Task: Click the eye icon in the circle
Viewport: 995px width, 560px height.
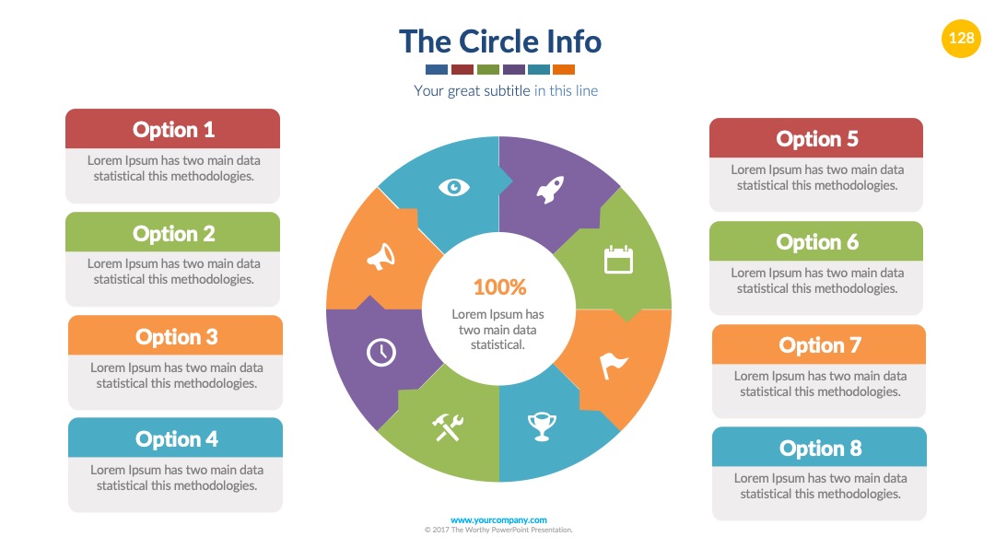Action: (x=453, y=187)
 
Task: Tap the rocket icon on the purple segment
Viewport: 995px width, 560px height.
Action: (x=550, y=190)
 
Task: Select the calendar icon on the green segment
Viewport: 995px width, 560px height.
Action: (x=618, y=260)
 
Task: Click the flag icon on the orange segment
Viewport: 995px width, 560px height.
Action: (x=613, y=366)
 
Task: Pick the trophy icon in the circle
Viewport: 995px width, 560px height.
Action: (x=542, y=426)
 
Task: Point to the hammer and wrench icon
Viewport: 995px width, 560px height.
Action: (x=448, y=426)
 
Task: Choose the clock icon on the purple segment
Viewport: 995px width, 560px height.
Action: (x=380, y=352)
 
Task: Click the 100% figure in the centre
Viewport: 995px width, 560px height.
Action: (x=499, y=287)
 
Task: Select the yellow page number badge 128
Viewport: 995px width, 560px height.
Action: (x=961, y=38)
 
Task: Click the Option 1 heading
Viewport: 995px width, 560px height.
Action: (x=173, y=130)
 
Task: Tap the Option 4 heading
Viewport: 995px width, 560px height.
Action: (x=176, y=438)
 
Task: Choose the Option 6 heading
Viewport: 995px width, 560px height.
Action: (x=816, y=242)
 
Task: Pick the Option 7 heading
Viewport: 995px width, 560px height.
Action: (x=820, y=345)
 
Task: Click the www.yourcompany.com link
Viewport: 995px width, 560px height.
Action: (x=498, y=520)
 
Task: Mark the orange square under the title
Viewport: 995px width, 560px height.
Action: (x=564, y=70)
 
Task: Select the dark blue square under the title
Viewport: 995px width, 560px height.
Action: (x=437, y=70)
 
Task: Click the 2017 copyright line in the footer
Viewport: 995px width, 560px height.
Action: (x=498, y=530)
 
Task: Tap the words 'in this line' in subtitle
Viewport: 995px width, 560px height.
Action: (x=566, y=90)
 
